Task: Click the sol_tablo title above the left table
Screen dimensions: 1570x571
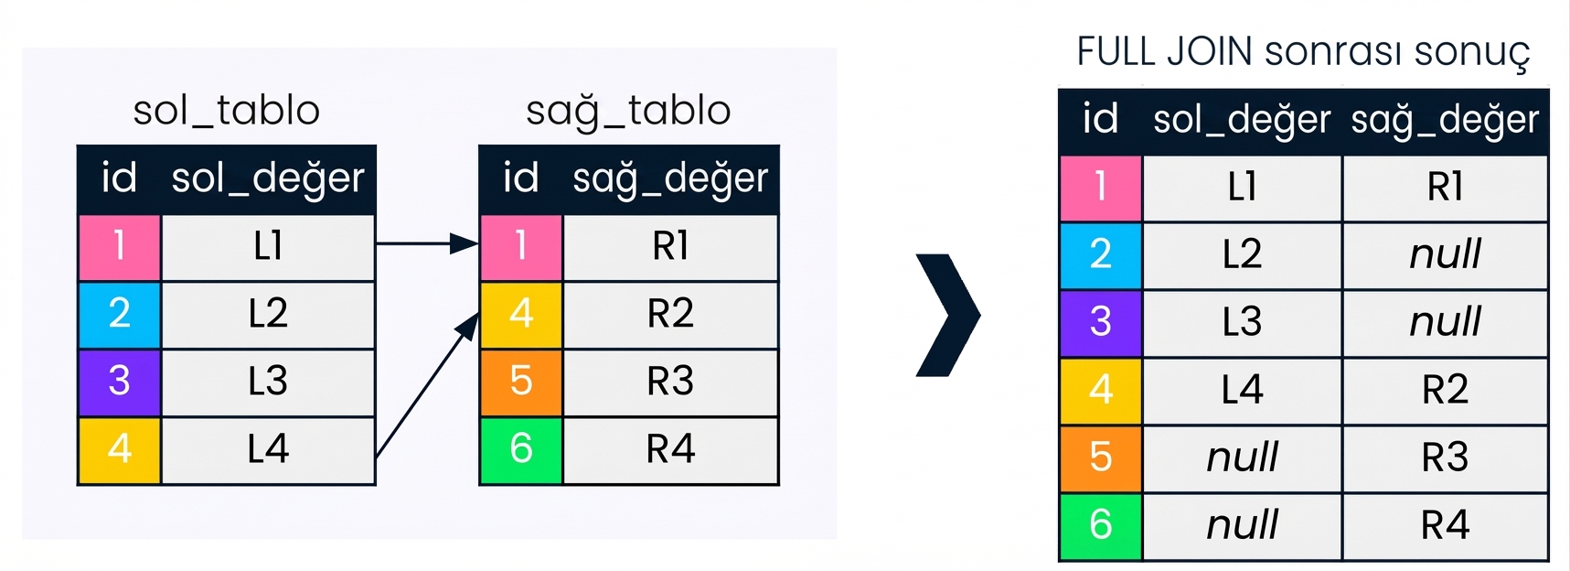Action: [226, 112]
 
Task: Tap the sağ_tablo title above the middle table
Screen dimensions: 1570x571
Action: [628, 112]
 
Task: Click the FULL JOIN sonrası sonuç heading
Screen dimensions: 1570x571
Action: [1303, 52]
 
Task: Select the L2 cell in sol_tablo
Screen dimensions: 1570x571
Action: [268, 314]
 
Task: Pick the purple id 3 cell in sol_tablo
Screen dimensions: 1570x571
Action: [120, 382]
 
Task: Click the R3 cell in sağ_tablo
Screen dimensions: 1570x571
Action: [670, 382]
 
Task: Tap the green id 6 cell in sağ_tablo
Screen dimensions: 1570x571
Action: [521, 449]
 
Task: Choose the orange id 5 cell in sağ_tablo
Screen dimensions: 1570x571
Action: [521, 382]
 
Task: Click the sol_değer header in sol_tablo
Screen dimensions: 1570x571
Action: [268, 178]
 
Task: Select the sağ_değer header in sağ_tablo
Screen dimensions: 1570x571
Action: [670, 178]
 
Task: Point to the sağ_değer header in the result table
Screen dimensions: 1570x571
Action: [1445, 121]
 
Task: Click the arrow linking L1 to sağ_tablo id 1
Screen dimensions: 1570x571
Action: [427, 244]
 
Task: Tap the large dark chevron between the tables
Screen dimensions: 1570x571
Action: [948, 316]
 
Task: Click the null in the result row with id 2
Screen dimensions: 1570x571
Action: [1445, 254]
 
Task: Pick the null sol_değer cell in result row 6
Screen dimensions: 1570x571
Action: [1242, 526]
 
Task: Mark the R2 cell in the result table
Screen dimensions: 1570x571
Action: [1445, 391]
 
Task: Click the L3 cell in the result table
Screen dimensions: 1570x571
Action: [1242, 322]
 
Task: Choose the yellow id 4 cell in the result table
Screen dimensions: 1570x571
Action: [1101, 391]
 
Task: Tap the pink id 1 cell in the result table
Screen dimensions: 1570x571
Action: [1101, 188]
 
